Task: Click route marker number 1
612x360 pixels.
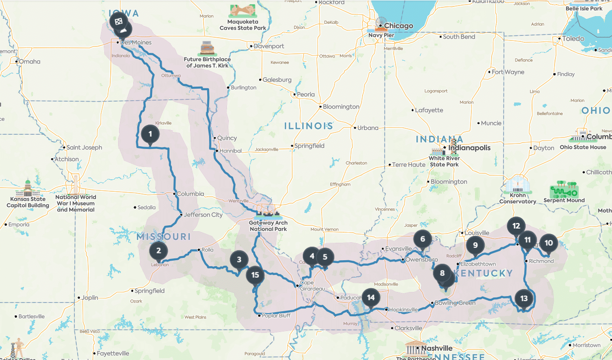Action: click(x=150, y=134)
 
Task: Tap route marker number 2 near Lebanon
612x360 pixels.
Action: click(x=159, y=251)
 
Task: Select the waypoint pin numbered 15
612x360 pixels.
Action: click(x=255, y=275)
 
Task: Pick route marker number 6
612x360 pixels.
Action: click(x=422, y=239)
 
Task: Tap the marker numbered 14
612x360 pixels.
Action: click(x=371, y=297)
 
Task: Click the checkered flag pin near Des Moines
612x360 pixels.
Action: click(x=119, y=21)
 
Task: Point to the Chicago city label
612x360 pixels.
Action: click(x=398, y=26)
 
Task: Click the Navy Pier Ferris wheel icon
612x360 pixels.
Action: click(x=381, y=23)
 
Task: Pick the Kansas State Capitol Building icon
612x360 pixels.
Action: click(x=28, y=188)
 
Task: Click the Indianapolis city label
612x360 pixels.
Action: click(x=473, y=148)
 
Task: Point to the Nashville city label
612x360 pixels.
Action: click(x=437, y=349)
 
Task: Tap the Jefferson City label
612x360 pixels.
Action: click(x=204, y=215)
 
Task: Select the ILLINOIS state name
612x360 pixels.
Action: click(x=308, y=126)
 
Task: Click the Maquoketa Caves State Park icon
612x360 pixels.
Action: click(x=243, y=11)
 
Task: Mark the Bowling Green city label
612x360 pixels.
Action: click(x=455, y=303)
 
